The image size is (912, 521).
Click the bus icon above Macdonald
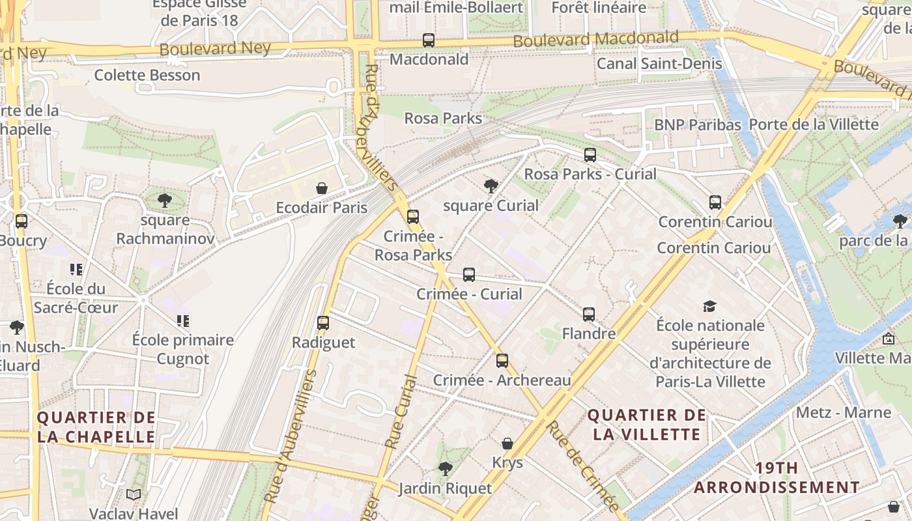click(x=428, y=40)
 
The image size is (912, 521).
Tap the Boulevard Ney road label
click(x=214, y=49)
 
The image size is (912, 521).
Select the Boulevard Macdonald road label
click(x=595, y=39)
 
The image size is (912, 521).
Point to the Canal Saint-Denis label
click(x=659, y=63)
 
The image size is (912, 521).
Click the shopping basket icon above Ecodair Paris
click(x=321, y=189)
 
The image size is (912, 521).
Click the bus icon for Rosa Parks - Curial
click(x=590, y=155)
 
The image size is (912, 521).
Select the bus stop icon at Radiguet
click(x=323, y=323)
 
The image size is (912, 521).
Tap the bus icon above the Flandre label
click(x=589, y=315)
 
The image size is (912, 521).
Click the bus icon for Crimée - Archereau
click(x=502, y=361)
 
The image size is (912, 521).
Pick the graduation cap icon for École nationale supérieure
click(x=709, y=306)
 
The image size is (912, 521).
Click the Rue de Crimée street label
click(x=582, y=466)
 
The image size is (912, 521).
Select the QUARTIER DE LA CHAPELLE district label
click(x=96, y=427)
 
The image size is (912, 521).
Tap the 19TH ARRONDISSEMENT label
click(x=777, y=477)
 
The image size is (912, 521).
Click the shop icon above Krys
click(x=507, y=444)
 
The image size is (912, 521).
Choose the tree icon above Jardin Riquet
click(x=445, y=469)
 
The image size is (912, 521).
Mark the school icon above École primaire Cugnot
click(x=183, y=320)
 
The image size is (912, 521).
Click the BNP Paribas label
click(x=698, y=124)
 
